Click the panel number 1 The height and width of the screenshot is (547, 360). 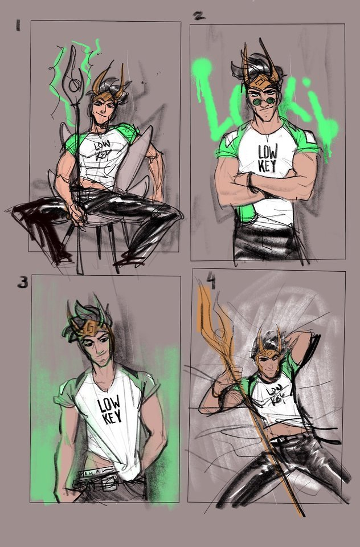pyautogui.click(x=18, y=26)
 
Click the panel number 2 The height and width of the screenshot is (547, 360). pyautogui.click(x=199, y=16)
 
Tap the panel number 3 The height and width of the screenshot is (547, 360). pyautogui.click(x=23, y=282)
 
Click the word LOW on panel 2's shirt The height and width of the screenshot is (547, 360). pyautogui.click(x=268, y=152)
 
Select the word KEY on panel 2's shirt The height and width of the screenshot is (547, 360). pyautogui.click(x=267, y=166)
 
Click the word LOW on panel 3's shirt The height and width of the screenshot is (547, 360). pyautogui.click(x=109, y=404)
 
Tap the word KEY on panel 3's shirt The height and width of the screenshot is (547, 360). pyautogui.click(x=112, y=417)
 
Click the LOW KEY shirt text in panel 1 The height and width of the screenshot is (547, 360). pyautogui.click(x=101, y=150)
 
